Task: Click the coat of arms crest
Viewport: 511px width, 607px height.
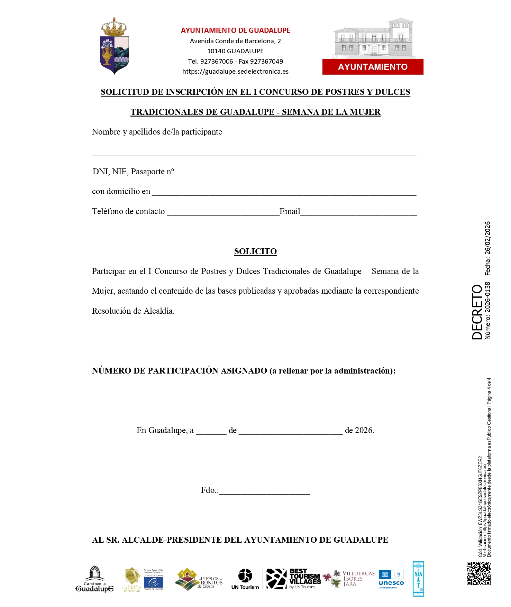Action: tap(115, 46)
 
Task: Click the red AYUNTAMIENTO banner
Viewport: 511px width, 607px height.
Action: tap(373, 67)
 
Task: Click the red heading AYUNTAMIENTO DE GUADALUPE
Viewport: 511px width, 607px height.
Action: tap(235, 30)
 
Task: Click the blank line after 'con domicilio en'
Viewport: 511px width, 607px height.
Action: tap(284, 193)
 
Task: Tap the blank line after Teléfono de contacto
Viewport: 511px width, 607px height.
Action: tap(223, 213)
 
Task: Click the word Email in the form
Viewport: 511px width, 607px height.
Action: tap(290, 211)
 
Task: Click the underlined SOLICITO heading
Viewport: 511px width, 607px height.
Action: tap(255, 251)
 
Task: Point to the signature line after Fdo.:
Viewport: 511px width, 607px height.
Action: tap(264, 492)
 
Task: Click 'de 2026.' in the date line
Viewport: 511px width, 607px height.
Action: tap(359, 430)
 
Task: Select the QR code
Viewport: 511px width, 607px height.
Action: tap(478, 573)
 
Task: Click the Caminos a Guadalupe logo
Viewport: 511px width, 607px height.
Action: tap(94, 579)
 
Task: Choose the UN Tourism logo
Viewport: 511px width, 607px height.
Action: tap(245, 579)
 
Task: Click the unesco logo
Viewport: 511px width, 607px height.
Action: tap(391, 579)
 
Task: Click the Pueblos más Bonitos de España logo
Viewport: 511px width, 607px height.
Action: tap(199, 579)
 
